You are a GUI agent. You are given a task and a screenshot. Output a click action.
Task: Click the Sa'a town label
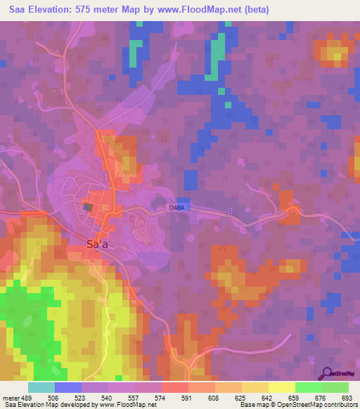pos(97,245)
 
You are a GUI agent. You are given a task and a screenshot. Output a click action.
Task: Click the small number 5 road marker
pos(229,211)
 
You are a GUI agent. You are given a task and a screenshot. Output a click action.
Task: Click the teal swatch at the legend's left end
pos(41,387)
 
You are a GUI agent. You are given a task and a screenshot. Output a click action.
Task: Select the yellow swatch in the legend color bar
pos(281,387)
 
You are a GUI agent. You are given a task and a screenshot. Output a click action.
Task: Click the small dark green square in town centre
pos(87,207)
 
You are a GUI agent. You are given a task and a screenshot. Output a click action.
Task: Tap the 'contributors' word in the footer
pos(340,405)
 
